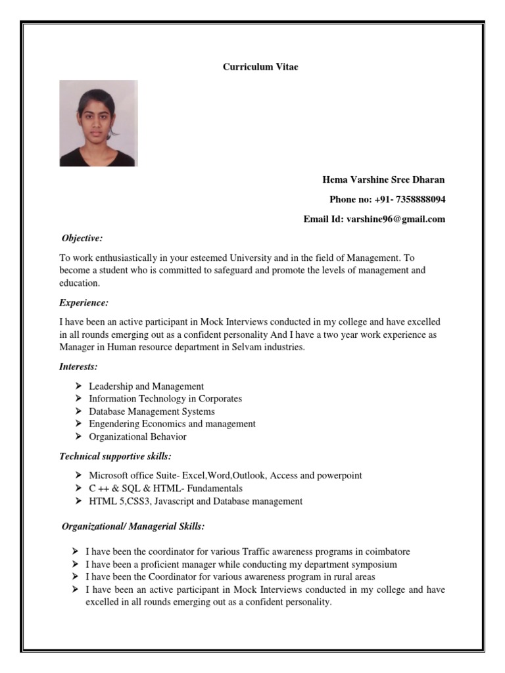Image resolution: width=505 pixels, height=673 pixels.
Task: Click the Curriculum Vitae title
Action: click(x=260, y=67)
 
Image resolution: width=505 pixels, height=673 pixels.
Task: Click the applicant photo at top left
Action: click(x=99, y=124)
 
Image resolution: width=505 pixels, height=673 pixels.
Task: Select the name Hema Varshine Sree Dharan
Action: click(x=383, y=179)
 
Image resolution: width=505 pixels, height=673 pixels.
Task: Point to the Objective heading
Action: click(x=82, y=238)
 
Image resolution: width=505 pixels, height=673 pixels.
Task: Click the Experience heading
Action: click(x=84, y=303)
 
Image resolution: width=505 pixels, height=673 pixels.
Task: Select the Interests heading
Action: click(x=78, y=367)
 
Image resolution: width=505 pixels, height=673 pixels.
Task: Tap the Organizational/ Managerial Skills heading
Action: click(x=133, y=526)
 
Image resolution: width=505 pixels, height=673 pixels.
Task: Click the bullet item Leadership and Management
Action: click(x=146, y=386)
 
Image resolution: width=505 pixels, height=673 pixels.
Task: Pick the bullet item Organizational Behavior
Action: click(x=137, y=436)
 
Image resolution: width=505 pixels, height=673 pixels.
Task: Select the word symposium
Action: click(x=374, y=565)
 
